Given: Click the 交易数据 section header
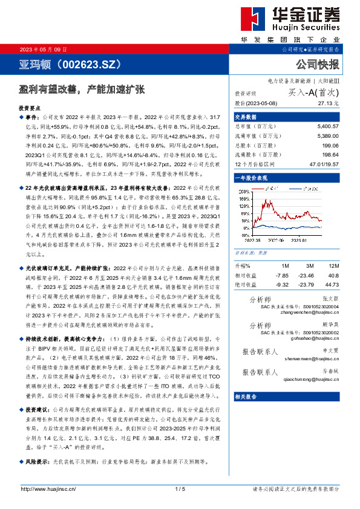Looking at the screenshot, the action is [x=246, y=117].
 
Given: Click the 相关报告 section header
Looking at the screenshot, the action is [x=246, y=397].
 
